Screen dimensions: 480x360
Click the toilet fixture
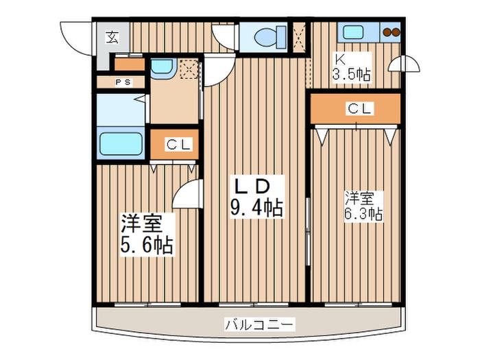coord(270,37)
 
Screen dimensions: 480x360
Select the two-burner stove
coord(392,32)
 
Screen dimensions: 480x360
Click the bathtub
coord(121,143)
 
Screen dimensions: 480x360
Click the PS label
coord(123,82)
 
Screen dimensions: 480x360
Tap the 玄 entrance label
coord(112,37)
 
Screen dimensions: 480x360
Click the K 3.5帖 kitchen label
coord(351,67)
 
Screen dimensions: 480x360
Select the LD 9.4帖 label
coord(256,197)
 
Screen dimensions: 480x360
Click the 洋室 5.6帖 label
coord(147,235)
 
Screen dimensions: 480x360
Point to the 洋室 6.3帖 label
coord(363,206)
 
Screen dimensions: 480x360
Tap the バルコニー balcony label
coord(260,324)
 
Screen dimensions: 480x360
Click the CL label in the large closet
coord(359,108)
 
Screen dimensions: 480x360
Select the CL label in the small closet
coord(180,144)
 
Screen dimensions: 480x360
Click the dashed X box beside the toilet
coord(299,37)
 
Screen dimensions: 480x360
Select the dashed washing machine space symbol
coord(188,69)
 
